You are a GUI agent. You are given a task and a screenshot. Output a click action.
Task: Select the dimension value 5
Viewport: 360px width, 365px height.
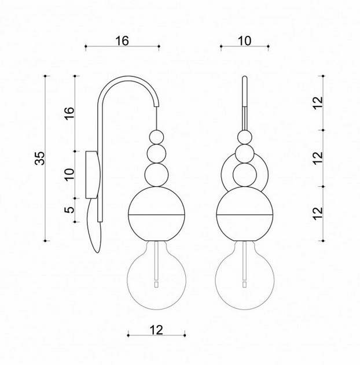point(69,210)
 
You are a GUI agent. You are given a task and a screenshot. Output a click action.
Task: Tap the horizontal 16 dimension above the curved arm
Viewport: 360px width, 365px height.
point(122,41)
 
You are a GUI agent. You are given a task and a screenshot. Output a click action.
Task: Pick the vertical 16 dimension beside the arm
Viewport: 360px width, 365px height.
point(69,113)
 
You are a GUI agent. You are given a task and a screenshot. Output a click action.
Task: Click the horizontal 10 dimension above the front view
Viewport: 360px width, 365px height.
point(244,41)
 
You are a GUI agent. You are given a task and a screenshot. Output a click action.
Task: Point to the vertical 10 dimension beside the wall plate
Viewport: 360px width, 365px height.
point(69,175)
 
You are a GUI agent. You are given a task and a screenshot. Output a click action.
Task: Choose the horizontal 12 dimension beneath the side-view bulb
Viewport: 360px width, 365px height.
point(156,330)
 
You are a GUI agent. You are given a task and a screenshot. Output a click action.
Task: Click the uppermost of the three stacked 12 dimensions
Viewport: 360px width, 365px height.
point(318,103)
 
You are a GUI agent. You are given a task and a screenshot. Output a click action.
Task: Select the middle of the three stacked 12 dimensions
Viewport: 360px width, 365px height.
point(318,158)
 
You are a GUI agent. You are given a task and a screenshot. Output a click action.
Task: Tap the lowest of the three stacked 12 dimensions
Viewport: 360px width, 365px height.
point(318,213)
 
